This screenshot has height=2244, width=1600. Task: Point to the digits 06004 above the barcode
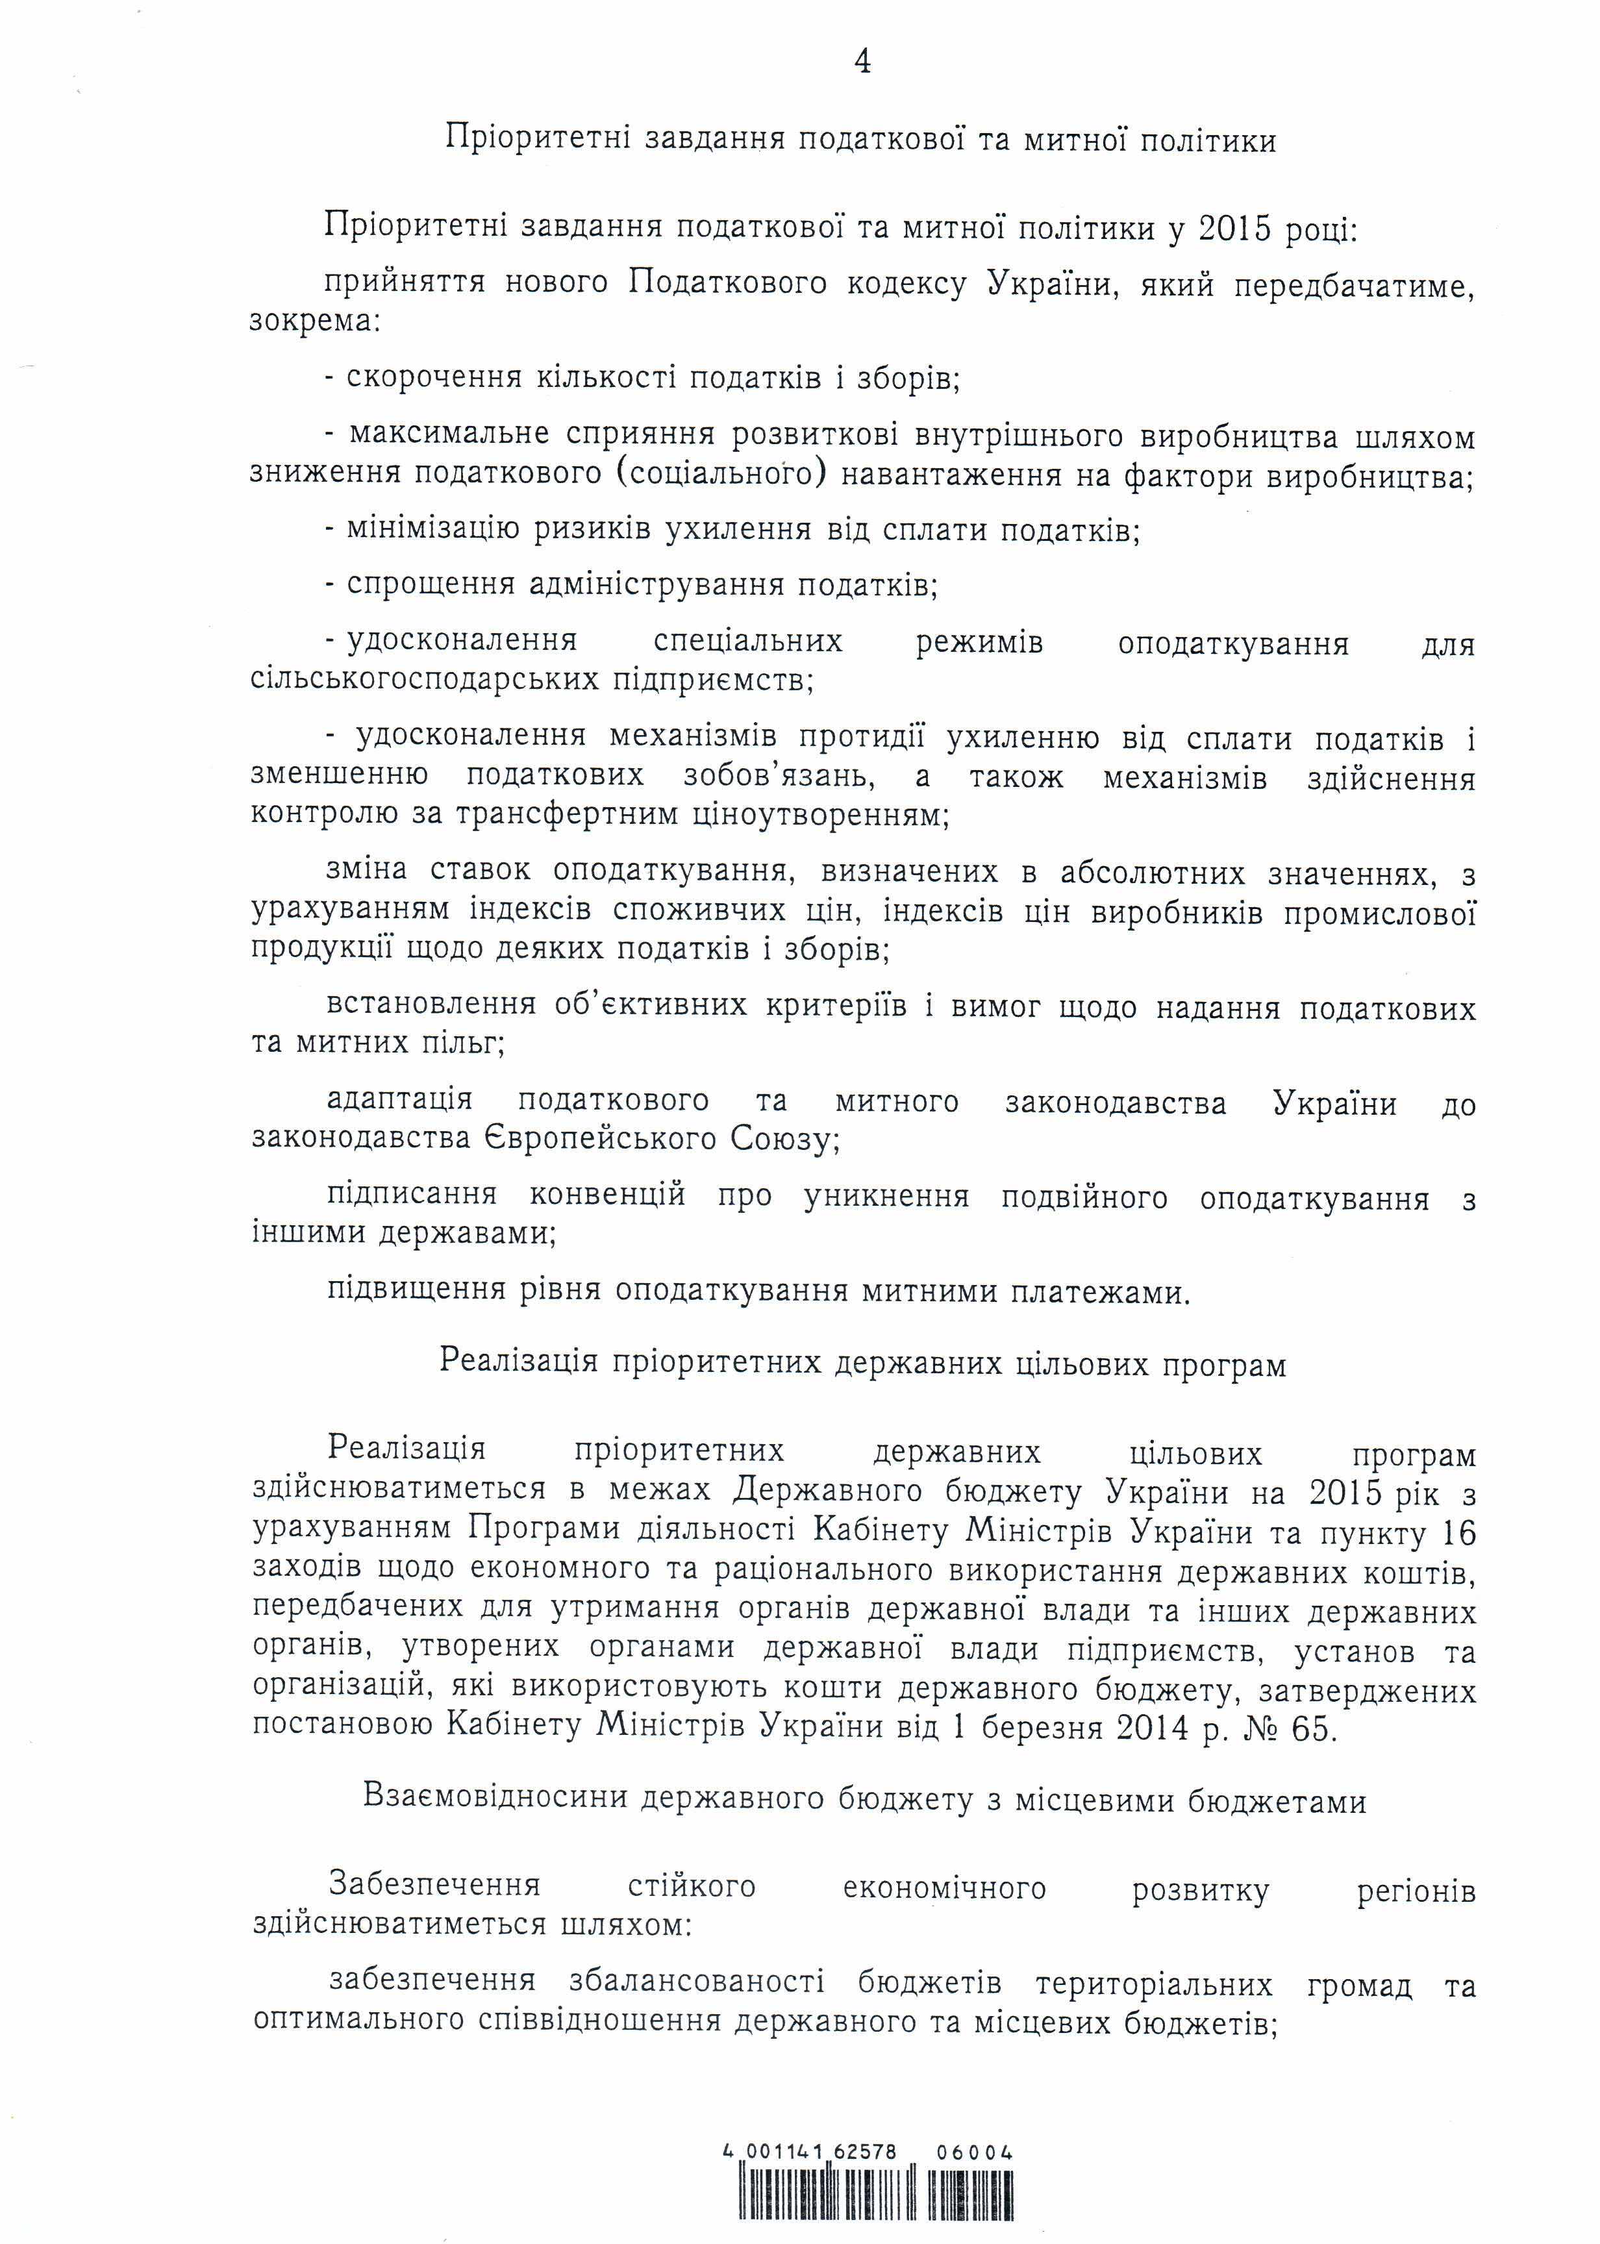[x=975, y=2125]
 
